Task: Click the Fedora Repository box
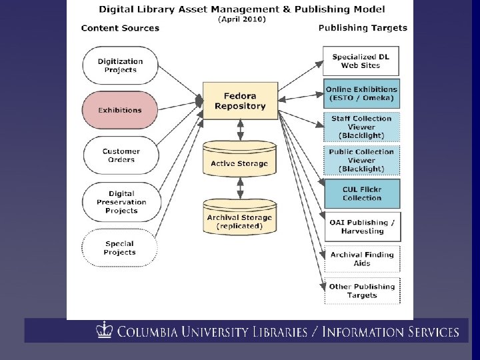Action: click(x=240, y=101)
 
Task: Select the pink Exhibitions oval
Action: click(x=120, y=110)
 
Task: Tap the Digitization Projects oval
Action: click(x=120, y=65)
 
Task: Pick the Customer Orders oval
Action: click(x=121, y=155)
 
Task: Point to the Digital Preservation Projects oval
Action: click(x=121, y=202)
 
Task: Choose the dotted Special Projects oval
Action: click(x=120, y=248)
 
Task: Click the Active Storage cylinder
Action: click(x=240, y=159)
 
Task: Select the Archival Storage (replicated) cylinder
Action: click(x=240, y=217)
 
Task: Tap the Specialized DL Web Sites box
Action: click(x=361, y=61)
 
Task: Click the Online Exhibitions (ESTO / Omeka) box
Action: click(x=361, y=94)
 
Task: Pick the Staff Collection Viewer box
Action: click(x=361, y=127)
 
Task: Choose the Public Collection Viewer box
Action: click(x=361, y=161)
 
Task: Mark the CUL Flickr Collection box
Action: click(x=362, y=194)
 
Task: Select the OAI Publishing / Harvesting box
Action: click(x=363, y=227)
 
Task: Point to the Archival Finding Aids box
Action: click(x=362, y=259)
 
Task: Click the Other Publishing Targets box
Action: click(x=362, y=291)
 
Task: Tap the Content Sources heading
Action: click(x=120, y=28)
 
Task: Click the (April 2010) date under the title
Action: click(x=242, y=19)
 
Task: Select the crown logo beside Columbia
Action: click(x=105, y=330)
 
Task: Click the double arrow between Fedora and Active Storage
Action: click(x=241, y=130)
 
